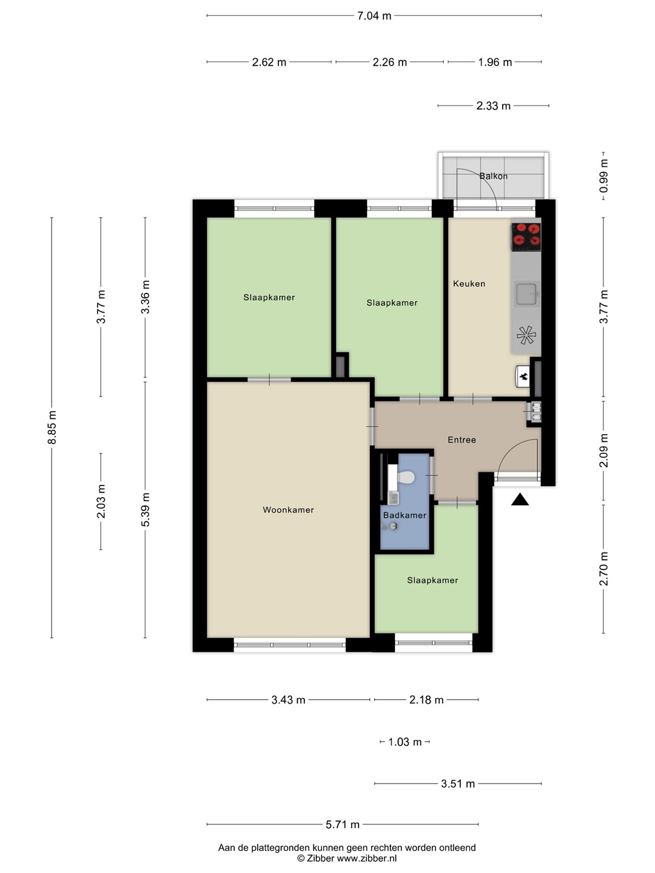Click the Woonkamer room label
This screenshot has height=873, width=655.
pos(288,510)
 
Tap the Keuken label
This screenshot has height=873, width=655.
pos(469,284)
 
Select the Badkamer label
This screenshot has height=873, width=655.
pos(405,515)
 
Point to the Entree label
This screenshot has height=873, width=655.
pos(462,440)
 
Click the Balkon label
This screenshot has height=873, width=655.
pos(494,176)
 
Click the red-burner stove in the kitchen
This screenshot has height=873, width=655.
pos(526,236)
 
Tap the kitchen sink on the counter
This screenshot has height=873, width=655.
pos(527,294)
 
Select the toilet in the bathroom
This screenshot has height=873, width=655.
pos(406,477)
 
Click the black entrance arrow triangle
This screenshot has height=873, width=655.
pos(520,500)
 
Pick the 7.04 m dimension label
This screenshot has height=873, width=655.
pos(374,16)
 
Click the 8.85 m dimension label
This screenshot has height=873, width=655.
pos(52,427)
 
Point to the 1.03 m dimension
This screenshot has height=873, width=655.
pos(405,742)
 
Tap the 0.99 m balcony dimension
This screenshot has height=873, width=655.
pos(603,176)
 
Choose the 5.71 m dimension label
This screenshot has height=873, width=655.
pos(343,824)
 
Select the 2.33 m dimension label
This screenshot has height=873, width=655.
pos(493,106)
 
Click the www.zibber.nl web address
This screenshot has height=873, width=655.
pos(367,858)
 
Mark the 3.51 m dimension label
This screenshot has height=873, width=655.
pos(458,784)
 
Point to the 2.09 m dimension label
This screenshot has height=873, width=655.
pos(603,450)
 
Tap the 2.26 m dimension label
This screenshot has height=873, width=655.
pos(390,62)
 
